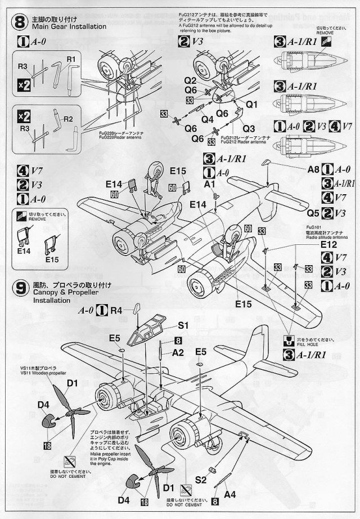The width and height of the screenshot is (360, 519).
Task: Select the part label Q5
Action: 313,213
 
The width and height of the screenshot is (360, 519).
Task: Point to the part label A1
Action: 210,184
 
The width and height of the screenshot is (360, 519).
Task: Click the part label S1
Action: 183,325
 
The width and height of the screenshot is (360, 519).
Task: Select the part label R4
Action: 116,309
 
